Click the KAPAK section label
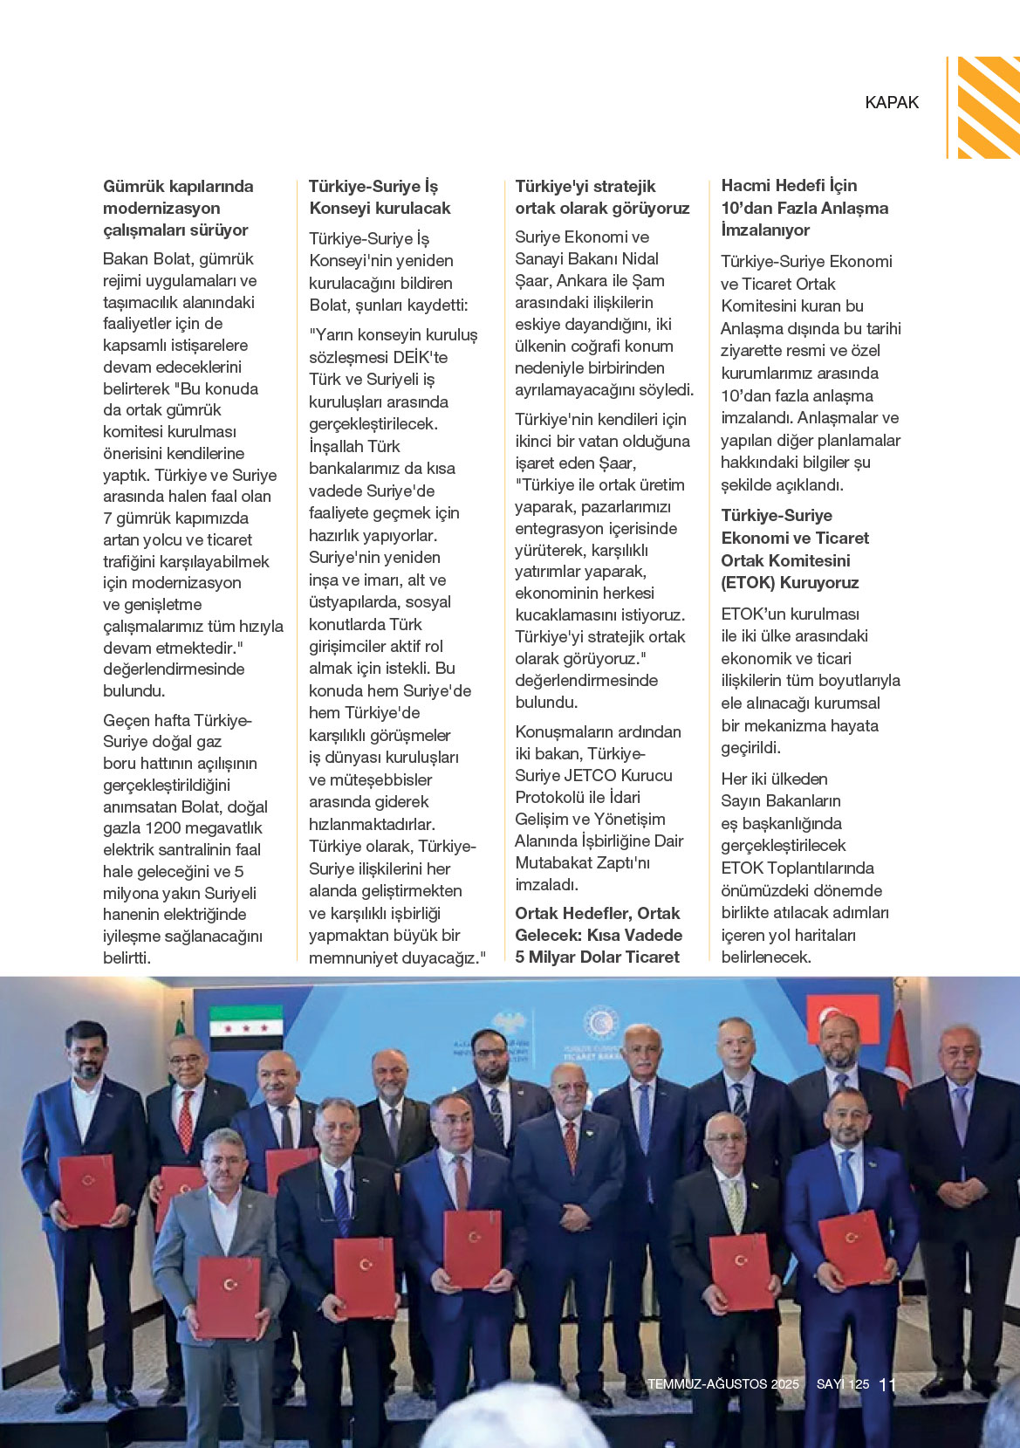pos(892,102)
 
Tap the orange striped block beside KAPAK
pos(988,107)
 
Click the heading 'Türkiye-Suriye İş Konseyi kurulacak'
pos(380,197)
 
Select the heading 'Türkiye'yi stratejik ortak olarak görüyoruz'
pos(602,197)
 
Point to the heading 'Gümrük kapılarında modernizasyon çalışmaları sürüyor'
pos(177,208)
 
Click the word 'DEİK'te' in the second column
pos(420,357)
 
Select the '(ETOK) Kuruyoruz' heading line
pos(790,582)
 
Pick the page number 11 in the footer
pos(887,1385)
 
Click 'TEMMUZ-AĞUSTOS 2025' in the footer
pos(723,1384)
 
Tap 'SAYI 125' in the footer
pos(843,1384)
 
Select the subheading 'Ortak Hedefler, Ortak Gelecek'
pos(598,924)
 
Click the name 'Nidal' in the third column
pos(640,258)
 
